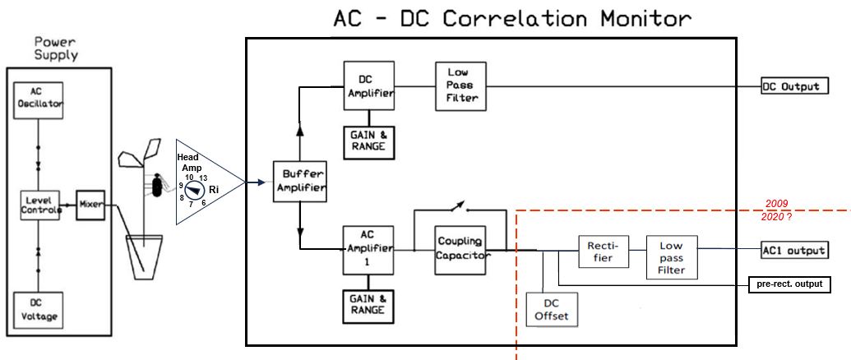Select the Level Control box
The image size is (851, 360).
[41, 205]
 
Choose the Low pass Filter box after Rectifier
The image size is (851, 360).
[671, 256]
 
